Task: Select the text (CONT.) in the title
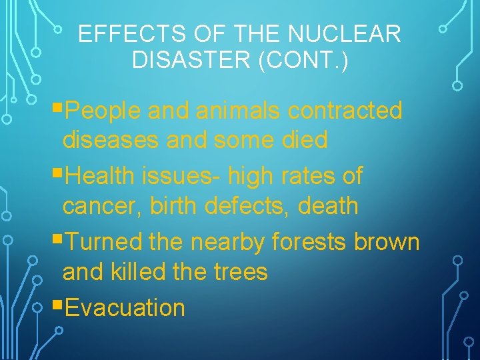[x=307, y=59]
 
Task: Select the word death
[x=328, y=206]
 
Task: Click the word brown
[x=387, y=241]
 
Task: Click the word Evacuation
[x=126, y=308]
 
